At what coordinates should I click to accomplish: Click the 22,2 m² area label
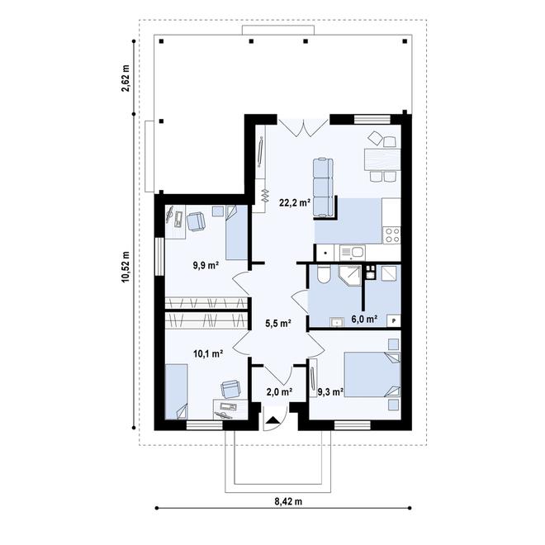click(295, 202)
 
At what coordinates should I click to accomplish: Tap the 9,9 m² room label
click(206, 266)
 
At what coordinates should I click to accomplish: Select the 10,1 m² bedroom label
click(208, 353)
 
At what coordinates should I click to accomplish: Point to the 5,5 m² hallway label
click(278, 323)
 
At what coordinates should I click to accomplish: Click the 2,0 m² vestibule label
click(279, 392)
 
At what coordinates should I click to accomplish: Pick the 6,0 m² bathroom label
click(364, 319)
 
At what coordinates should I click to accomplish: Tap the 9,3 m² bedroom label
click(331, 392)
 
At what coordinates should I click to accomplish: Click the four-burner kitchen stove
click(391, 235)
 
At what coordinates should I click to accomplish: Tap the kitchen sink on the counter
click(352, 253)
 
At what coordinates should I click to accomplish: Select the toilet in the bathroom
click(323, 274)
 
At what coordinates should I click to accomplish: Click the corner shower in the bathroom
click(350, 275)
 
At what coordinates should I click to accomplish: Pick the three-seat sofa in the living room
click(323, 187)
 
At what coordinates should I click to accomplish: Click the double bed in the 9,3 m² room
click(372, 375)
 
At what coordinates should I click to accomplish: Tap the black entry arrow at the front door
click(274, 419)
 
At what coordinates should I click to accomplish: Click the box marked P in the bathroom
click(394, 320)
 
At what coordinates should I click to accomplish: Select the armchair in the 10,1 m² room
click(230, 389)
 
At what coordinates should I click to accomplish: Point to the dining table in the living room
click(382, 159)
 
